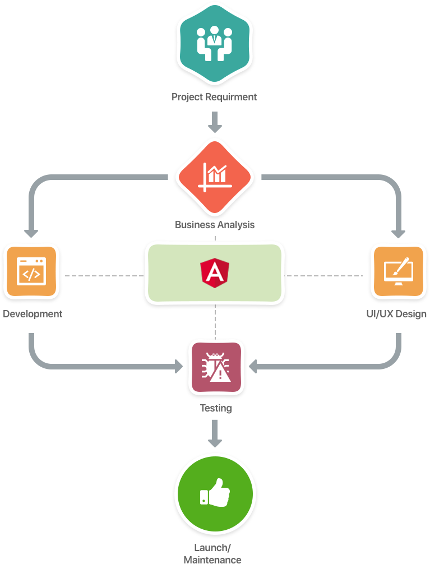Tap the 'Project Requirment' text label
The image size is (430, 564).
pyautogui.click(x=214, y=97)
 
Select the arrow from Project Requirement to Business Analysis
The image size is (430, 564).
pyautogui.click(x=215, y=121)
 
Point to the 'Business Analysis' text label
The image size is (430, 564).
pyautogui.click(x=215, y=225)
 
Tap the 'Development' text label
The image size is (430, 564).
pyautogui.click(x=33, y=314)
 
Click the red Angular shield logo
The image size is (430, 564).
pyautogui.click(x=214, y=272)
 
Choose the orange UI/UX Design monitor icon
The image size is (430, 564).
pyautogui.click(x=399, y=271)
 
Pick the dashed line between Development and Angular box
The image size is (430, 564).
pyautogui.click(x=104, y=276)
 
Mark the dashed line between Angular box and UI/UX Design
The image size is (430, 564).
pyautogui.click(x=325, y=276)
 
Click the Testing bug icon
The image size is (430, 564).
pyautogui.click(x=216, y=367)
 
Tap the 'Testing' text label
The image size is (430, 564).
pyautogui.click(x=216, y=408)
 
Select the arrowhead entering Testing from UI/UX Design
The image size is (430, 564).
pyautogui.click(x=253, y=367)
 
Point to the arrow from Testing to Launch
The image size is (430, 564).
pyautogui.click(x=215, y=433)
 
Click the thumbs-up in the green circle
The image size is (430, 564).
pyautogui.click(x=215, y=493)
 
